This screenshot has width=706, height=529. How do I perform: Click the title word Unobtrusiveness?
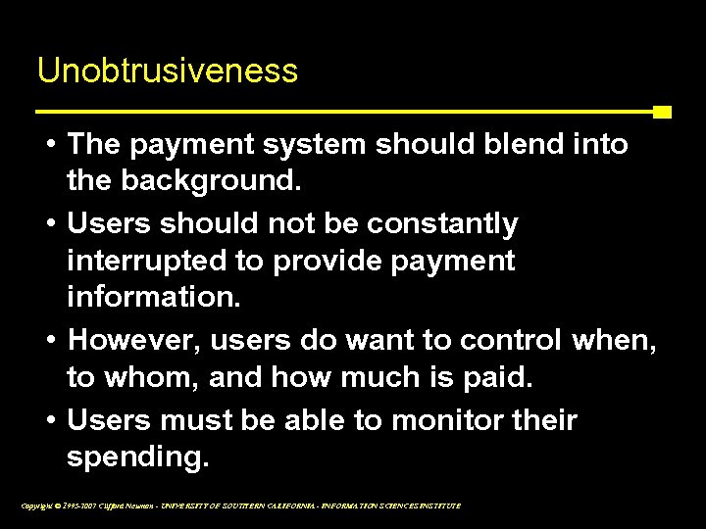[x=167, y=71]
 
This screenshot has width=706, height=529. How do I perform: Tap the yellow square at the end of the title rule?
[x=662, y=112]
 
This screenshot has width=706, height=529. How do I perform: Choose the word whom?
[x=149, y=378]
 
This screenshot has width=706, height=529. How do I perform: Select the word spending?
[x=138, y=457]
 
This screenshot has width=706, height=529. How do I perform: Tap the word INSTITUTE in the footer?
[x=437, y=505]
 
